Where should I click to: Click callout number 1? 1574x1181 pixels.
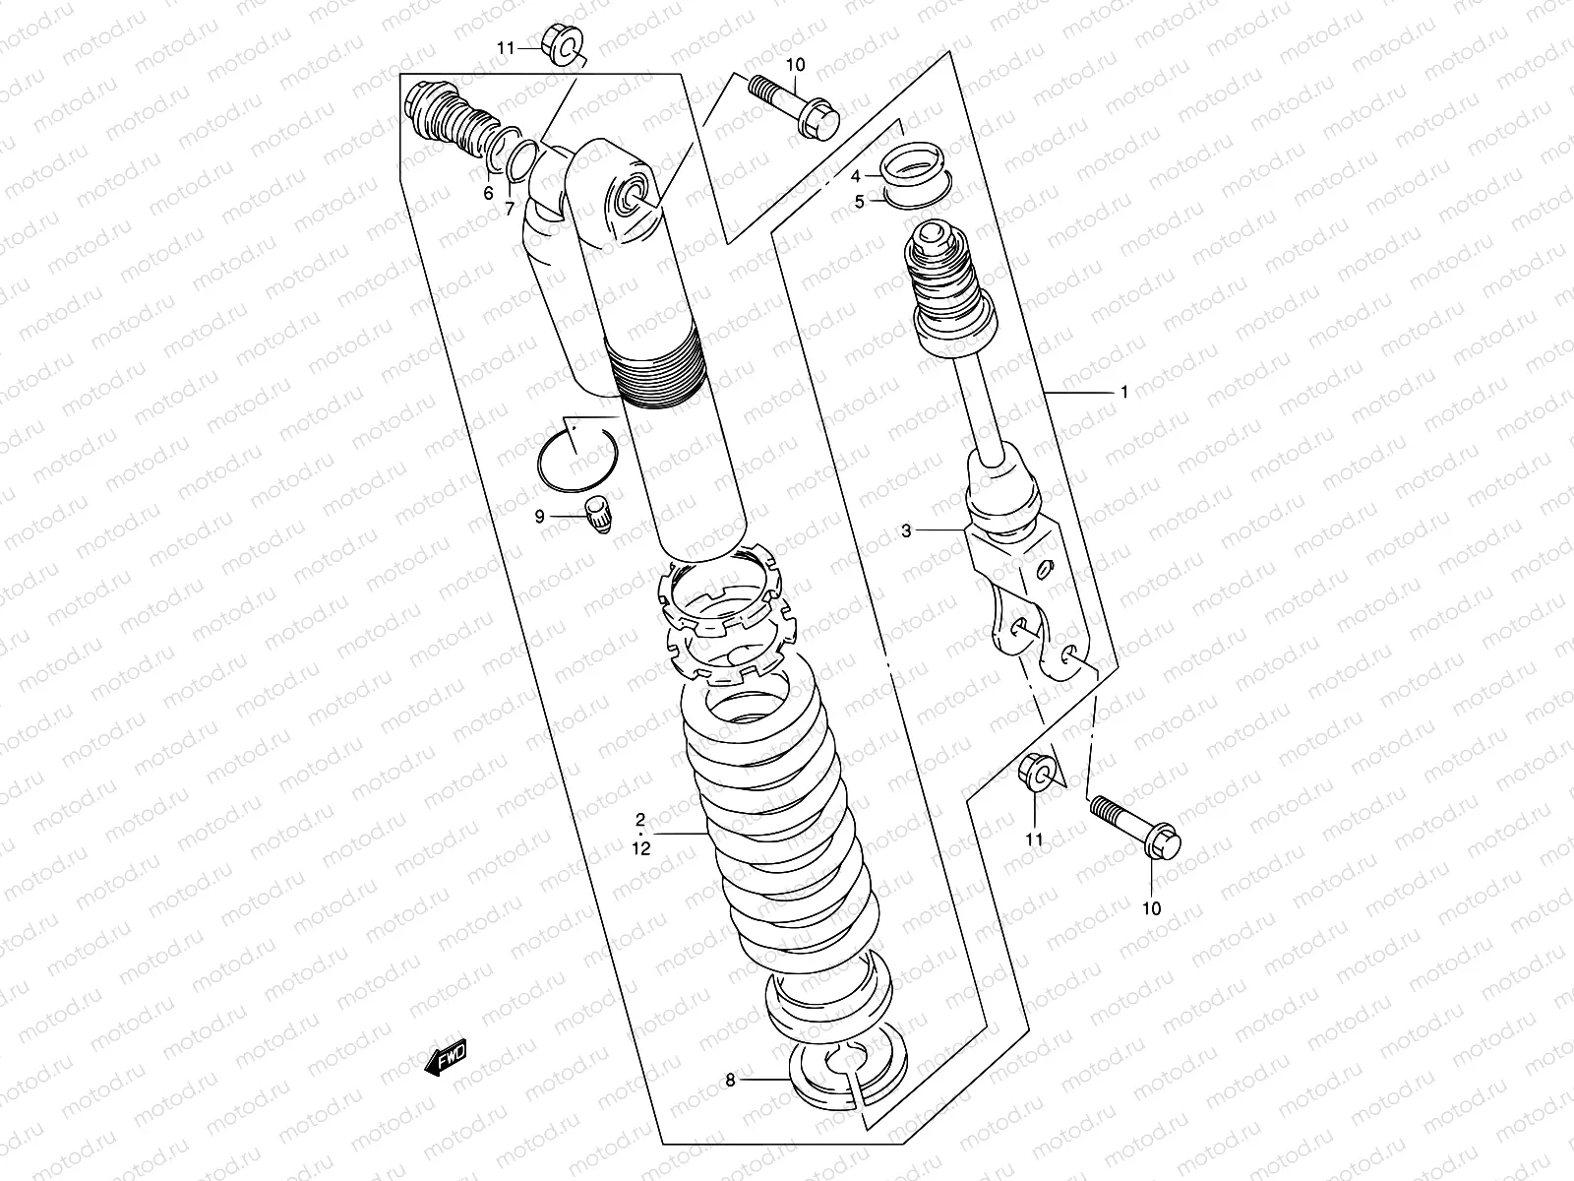1123,392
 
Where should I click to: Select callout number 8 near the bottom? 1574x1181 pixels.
730,1080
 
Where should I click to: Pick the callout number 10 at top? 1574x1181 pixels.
796,65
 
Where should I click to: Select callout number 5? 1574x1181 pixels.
859,202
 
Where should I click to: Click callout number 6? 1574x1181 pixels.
488,194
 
